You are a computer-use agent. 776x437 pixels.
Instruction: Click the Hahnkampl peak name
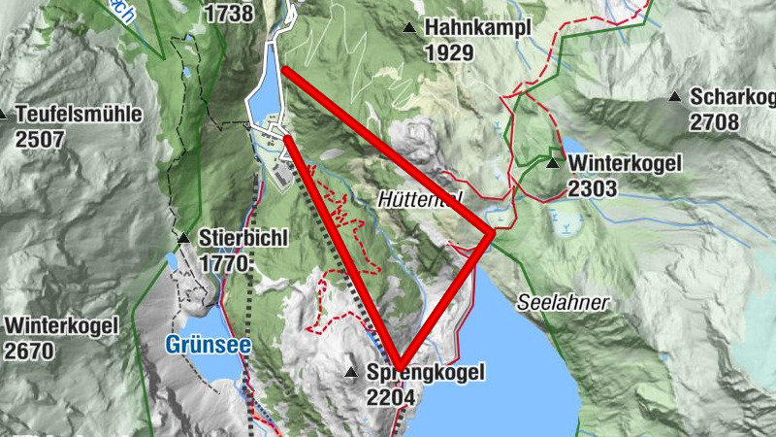[477, 28]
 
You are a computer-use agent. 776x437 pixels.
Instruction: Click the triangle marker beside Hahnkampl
[411, 28]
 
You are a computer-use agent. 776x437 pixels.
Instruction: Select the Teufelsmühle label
[79, 114]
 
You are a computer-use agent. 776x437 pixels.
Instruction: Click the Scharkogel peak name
[733, 97]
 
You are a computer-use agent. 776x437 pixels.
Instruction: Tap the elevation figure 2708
[715, 122]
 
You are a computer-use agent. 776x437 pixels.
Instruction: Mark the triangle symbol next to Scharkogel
[675, 96]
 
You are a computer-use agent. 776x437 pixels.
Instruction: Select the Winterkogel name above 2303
[625, 163]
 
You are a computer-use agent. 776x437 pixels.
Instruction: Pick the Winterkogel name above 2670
[61, 325]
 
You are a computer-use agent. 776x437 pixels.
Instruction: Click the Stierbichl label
[243, 238]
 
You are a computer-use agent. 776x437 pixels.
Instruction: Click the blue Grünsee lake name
[209, 345]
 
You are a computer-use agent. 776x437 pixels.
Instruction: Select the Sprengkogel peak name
[425, 372]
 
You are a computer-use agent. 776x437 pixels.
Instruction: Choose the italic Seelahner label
[563, 303]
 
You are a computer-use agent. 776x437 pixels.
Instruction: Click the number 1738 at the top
[230, 14]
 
